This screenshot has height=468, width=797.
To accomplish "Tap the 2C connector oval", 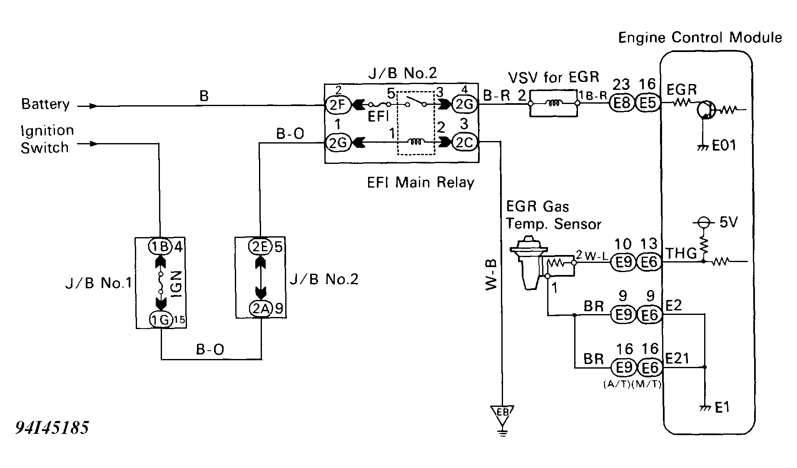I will tap(464, 143).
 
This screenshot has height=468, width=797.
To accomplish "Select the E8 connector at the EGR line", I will tap(621, 103).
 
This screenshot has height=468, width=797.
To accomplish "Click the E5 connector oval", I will tap(648, 103).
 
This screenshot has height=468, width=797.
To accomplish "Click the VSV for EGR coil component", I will tap(553, 104).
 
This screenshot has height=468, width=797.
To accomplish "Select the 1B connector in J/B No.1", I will tap(160, 247).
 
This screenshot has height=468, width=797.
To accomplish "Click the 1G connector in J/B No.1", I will tap(160, 320).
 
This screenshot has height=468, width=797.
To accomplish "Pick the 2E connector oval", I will tap(260, 247).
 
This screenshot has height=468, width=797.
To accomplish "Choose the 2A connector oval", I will tap(261, 308).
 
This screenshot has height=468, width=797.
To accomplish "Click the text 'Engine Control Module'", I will tap(700, 38).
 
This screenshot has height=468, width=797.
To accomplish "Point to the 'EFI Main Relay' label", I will tap(420, 183).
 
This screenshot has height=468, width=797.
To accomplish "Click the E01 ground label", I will tap(724, 146).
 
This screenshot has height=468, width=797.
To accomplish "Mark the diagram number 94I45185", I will tap(52, 428).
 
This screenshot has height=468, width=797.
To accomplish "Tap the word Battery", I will tap(45, 104).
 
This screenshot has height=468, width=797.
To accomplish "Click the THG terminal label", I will tap(681, 253).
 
